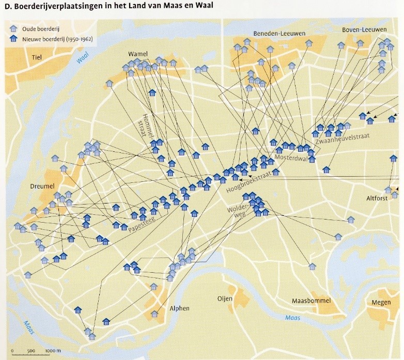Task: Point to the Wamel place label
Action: (138, 54)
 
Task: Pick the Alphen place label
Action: (179, 308)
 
